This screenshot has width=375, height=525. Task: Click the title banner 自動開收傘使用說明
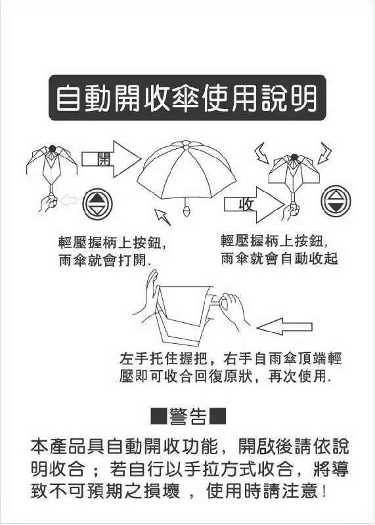pos(187,97)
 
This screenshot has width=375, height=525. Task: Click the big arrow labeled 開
pos(111,159)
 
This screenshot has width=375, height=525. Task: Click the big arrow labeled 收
pos(254,205)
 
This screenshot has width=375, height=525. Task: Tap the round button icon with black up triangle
pos(97,204)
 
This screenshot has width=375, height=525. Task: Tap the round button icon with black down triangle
pos(336,201)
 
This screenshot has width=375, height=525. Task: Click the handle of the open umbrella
pos(187,207)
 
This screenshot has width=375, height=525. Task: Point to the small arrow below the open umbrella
pos(162,217)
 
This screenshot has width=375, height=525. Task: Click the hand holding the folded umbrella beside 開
pos(49,203)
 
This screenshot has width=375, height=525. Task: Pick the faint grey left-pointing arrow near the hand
pos(68,200)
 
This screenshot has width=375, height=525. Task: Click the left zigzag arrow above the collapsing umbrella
pos(262,153)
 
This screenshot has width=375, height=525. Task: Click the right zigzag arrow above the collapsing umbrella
pos(324,153)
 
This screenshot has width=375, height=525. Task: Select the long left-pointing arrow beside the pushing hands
pos(284,326)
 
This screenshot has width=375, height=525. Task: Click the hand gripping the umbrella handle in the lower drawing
pos(234,310)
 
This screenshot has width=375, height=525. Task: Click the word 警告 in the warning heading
pos(188,417)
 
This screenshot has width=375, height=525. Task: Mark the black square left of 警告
pos(158,416)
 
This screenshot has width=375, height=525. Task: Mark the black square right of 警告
pos(217,416)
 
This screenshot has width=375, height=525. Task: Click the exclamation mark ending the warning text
pos(324,492)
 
